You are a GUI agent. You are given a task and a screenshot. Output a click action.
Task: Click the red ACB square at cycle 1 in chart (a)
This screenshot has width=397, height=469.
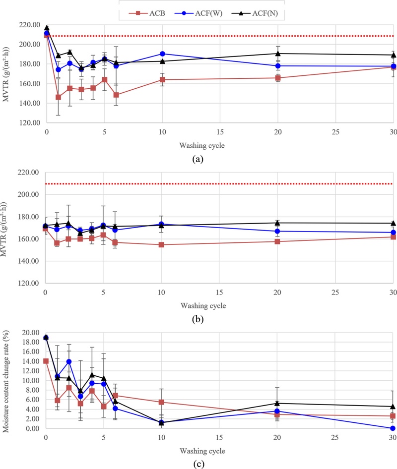(58, 97)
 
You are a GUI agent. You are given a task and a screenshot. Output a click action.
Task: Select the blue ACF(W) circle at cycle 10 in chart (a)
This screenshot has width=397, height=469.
(162, 54)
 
